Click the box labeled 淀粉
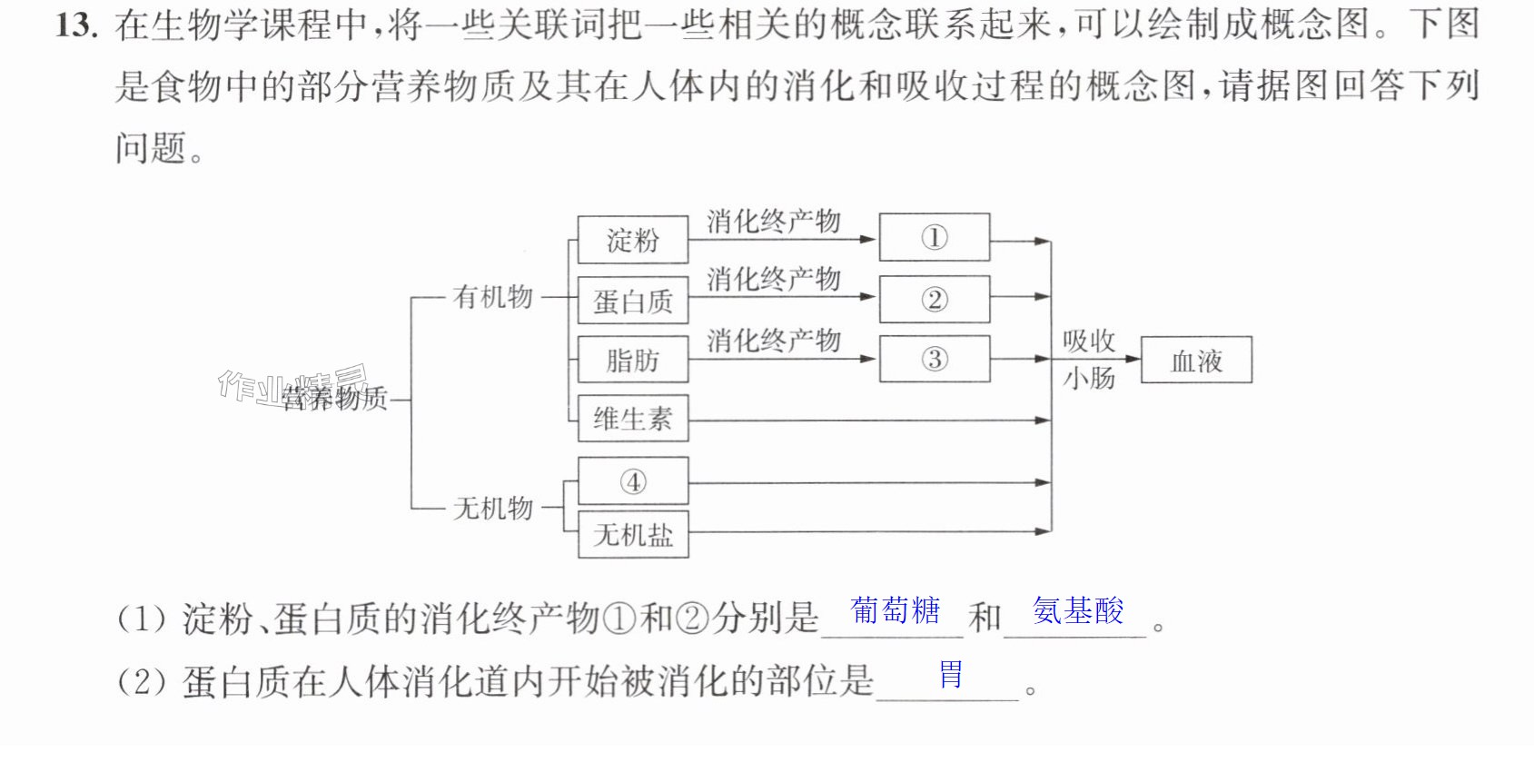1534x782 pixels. coord(633,240)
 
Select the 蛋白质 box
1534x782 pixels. coord(633,300)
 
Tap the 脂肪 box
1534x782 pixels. coord(633,359)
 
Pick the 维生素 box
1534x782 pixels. coord(633,418)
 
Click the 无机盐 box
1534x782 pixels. coord(633,534)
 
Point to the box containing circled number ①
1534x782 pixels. coord(934,237)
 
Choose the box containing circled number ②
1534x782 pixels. coord(934,299)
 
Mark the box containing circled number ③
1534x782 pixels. coord(934,358)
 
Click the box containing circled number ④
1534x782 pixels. coord(633,481)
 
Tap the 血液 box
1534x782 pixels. coord(1196,360)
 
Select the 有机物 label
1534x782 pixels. coord(492,297)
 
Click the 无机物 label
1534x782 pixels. coord(492,508)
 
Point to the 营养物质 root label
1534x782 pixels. coord(334,398)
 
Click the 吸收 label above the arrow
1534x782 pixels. coord(1089,341)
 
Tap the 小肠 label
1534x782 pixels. coord(1089,377)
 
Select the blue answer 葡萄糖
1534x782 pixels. coord(896,610)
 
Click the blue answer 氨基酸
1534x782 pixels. coord(1078,610)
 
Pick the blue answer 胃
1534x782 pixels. coord(951,674)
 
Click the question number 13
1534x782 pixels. coord(76,26)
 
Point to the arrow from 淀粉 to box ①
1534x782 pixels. coord(781,240)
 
